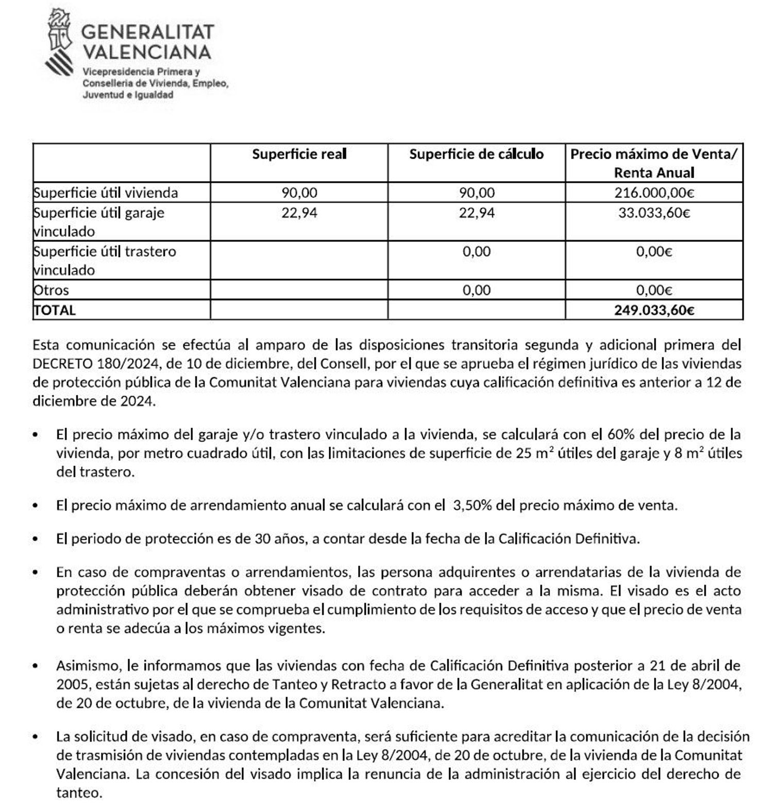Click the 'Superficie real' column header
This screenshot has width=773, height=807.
tap(299, 154)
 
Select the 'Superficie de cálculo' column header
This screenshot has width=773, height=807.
tap(476, 154)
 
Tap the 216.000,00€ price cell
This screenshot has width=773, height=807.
tap(654, 193)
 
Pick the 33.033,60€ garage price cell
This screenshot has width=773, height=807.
tap(654, 213)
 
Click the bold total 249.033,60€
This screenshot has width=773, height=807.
tap(654, 310)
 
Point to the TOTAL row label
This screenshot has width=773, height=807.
tap(55, 310)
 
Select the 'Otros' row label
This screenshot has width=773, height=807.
tap(52, 290)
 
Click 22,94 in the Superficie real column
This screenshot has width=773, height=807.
tap(299, 213)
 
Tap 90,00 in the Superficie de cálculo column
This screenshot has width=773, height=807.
tap(476, 193)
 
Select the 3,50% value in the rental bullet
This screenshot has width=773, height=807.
tap(472, 505)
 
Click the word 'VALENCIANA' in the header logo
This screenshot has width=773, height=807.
tap(147, 52)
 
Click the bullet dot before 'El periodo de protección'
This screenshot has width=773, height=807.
tap(35, 539)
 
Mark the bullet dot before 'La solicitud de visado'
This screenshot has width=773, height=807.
tap(35, 737)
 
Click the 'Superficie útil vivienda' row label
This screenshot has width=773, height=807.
tap(106, 193)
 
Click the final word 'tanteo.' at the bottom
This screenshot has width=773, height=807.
tap(79, 793)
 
